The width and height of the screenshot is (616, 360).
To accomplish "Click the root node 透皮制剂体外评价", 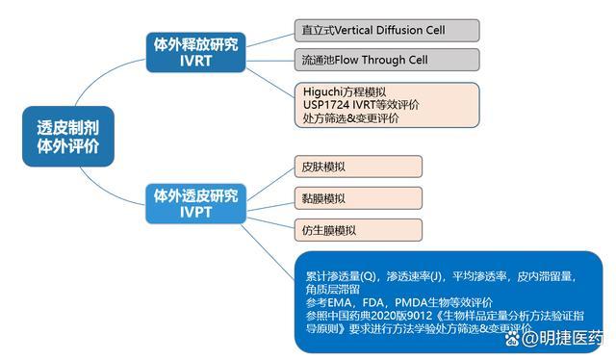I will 67,138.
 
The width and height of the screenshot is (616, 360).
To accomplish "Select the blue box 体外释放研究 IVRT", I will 195,51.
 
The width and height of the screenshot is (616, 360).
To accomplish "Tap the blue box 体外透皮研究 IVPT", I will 195,201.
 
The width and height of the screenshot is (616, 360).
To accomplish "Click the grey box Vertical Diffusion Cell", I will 386,30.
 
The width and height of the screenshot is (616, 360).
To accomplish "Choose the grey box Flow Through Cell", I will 386,60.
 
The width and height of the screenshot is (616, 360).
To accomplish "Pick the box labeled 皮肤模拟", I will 357,167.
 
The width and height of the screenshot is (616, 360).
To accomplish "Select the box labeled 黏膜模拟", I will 357,198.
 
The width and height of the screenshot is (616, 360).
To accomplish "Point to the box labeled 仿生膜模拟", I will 357,230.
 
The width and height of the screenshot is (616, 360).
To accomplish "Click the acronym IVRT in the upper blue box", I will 195,61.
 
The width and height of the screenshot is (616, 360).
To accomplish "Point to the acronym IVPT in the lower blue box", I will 195,211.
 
